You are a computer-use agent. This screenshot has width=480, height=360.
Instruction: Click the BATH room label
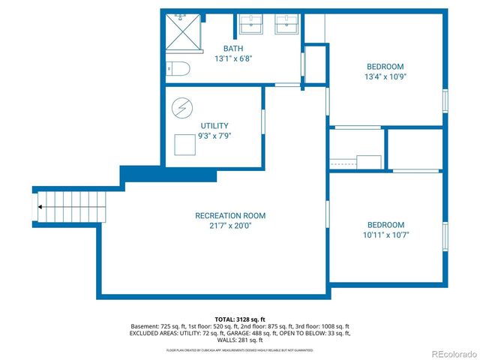click(x=233, y=49)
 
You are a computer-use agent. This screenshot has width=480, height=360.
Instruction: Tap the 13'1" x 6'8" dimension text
click(x=233, y=60)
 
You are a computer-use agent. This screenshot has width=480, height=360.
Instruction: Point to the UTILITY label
click(x=214, y=126)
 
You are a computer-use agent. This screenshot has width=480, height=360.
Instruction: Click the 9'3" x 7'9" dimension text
click(x=214, y=137)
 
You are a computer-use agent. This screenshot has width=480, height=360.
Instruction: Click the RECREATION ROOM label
click(x=230, y=216)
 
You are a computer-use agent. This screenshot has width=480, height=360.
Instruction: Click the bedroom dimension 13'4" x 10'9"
click(x=385, y=76)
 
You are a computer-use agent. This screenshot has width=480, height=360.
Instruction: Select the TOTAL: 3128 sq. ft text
click(x=240, y=319)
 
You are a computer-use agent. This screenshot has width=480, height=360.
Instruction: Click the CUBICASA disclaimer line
click(x=240, y=350)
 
